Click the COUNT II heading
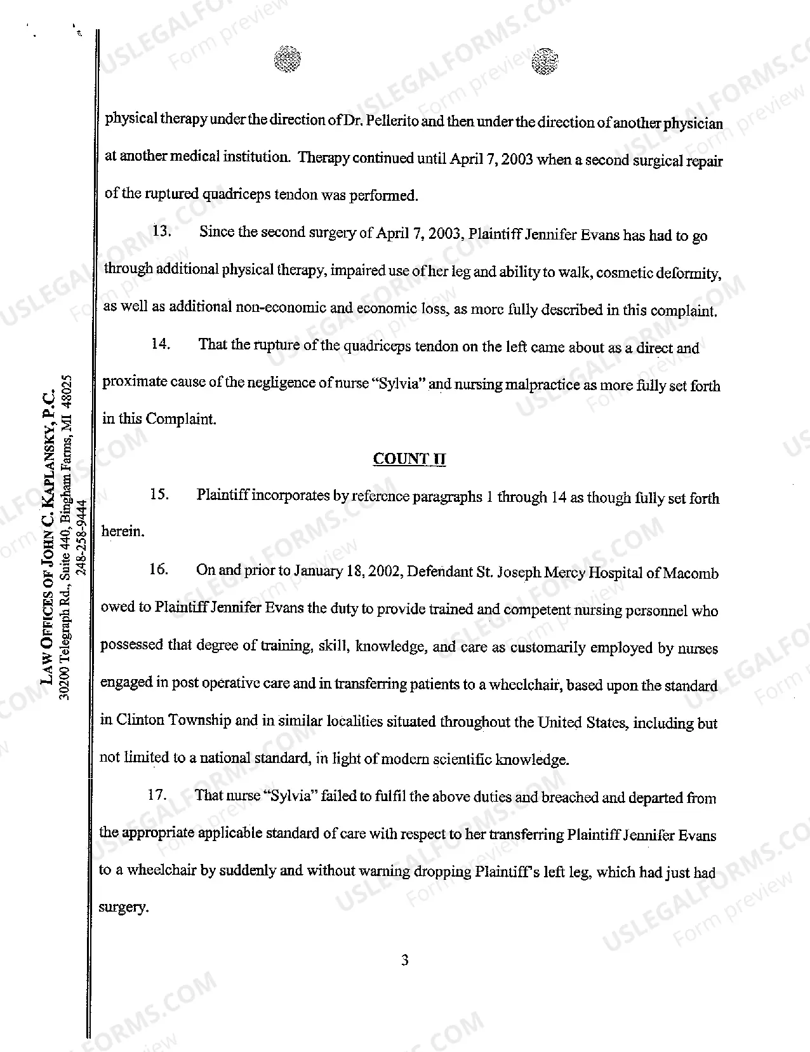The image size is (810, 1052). [x=409, y=459]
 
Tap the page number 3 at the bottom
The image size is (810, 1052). [x=405, y=960]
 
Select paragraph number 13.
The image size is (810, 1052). [x=161, y=231]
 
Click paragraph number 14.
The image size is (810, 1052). [x=161, y=344]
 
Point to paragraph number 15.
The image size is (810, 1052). [x=159, y=494]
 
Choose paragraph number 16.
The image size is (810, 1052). [x=158, y=569]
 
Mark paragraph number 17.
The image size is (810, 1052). [x=157, y=795]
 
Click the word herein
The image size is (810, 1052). [x=123, y=531]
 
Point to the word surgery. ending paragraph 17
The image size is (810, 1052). [x=124, y=907]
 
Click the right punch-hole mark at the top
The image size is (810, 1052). [x=544, y=62]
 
